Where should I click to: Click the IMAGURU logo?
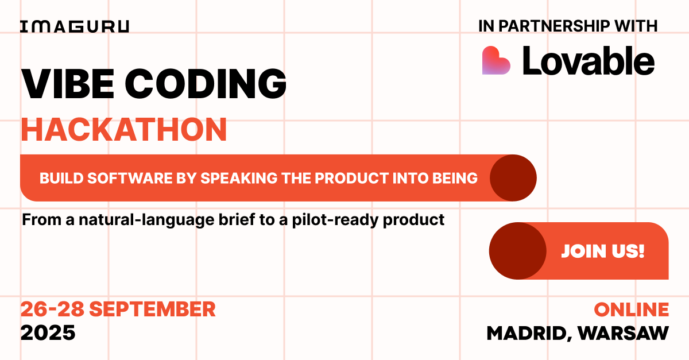pos(75,27)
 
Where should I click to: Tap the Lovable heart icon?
pos(496,60)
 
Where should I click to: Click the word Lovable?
pos(588,61)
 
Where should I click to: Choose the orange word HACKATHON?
pos(124,130)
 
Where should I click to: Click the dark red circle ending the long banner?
pos(513,178)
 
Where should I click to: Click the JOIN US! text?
pos(602,251)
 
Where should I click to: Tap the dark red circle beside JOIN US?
pos(517,251)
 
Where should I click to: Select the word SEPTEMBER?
pos(152,309)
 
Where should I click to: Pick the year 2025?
pos(48,332)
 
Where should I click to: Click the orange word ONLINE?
pos(631,309)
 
